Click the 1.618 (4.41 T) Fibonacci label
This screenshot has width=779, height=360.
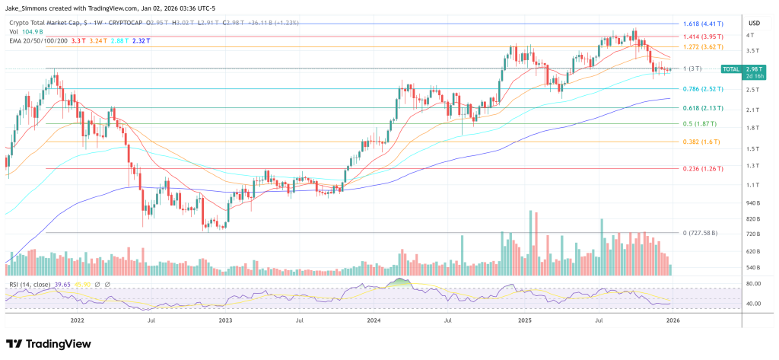(703, 24)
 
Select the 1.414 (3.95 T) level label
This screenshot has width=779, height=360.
(703, 36)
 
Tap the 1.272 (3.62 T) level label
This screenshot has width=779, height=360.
(703, 47)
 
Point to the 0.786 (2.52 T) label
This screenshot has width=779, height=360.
(703, 89)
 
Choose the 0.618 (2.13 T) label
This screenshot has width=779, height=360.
(703, 108)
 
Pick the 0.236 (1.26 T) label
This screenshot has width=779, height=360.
(703, 168)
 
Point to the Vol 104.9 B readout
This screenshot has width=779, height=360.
(27, 32)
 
